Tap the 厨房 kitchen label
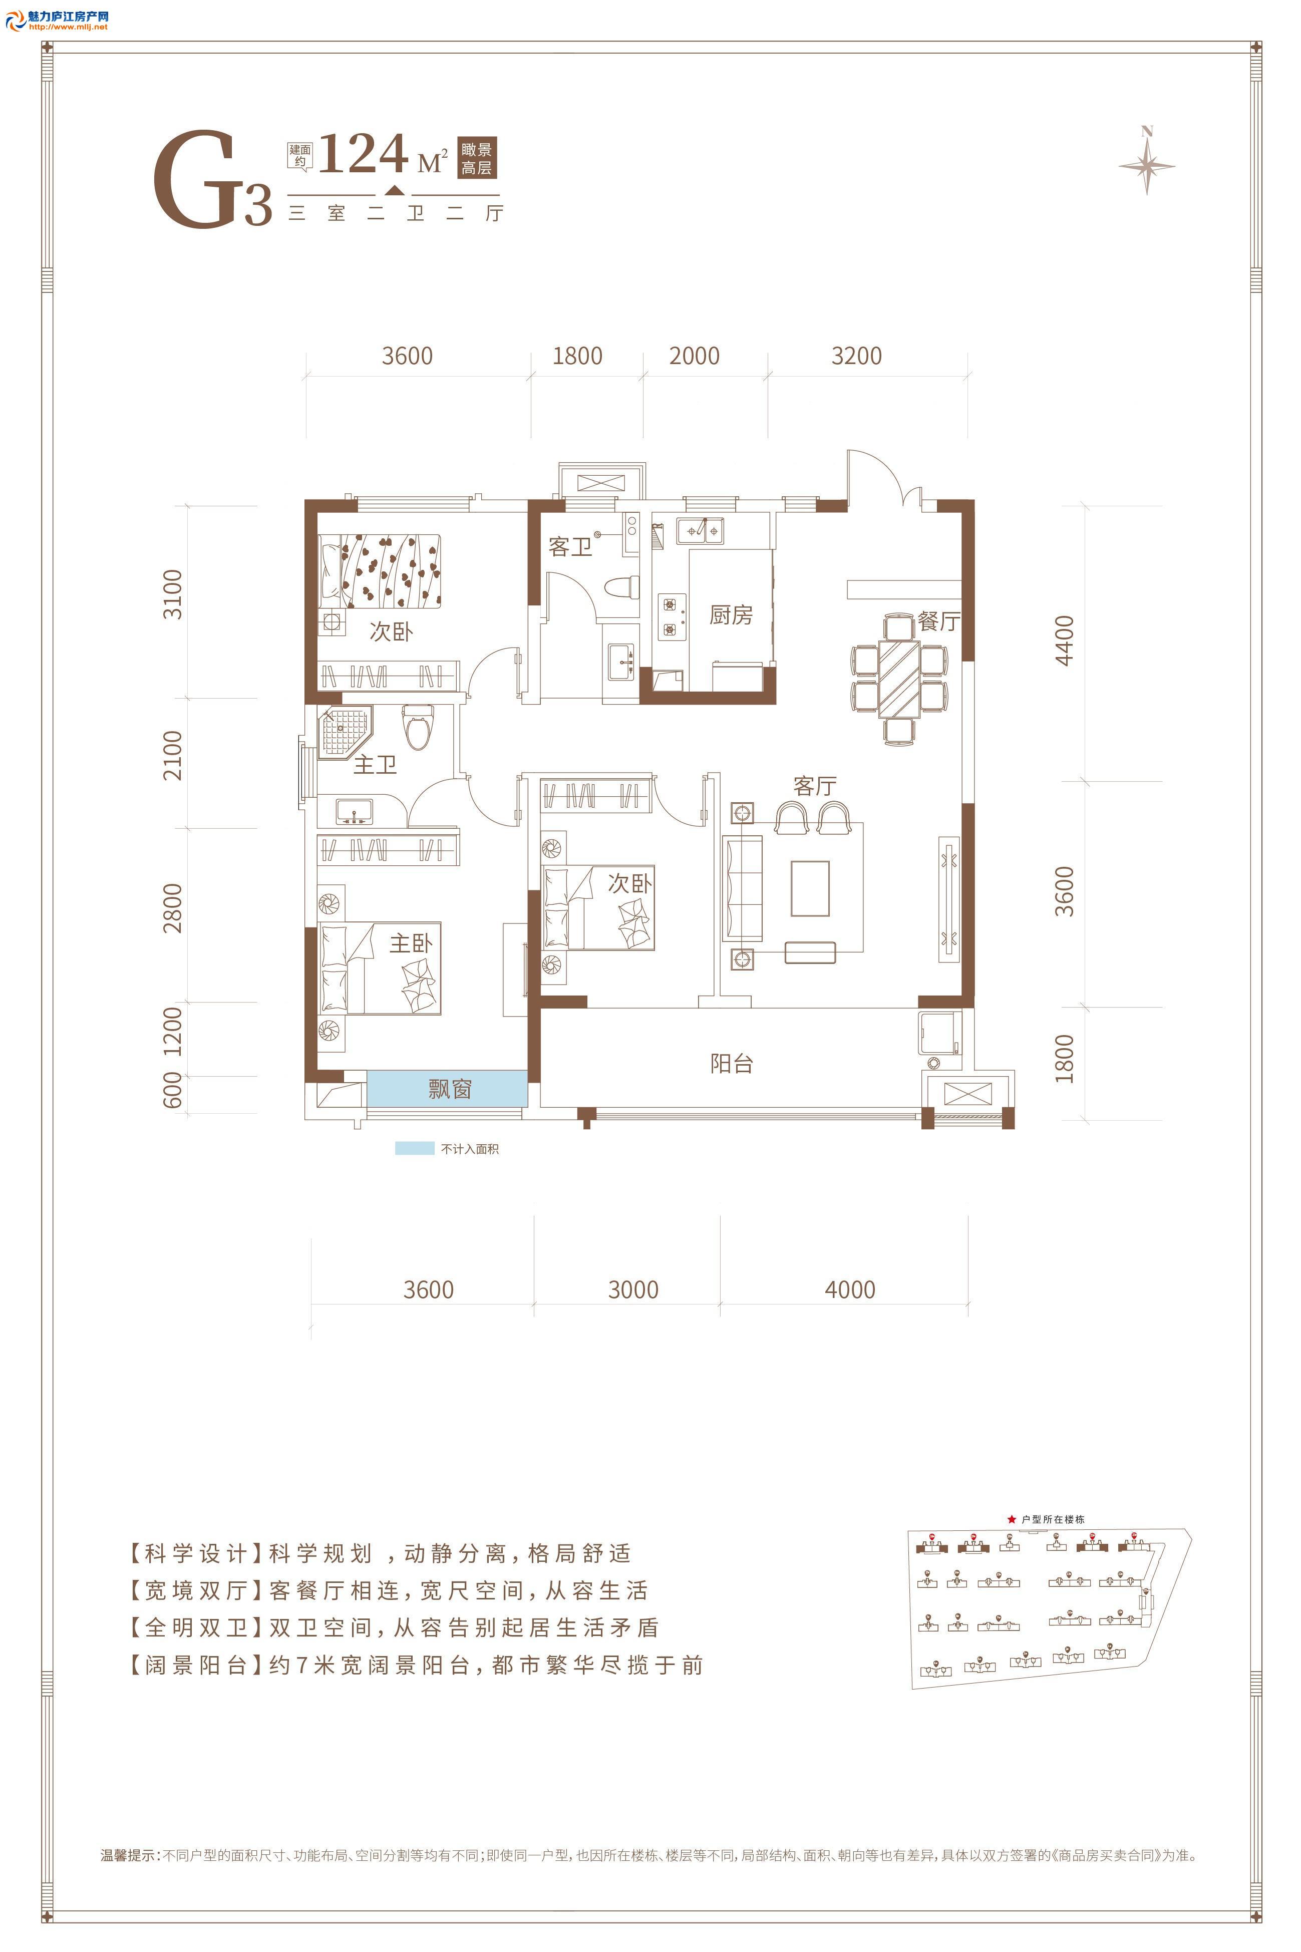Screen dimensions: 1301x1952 click(731, 615)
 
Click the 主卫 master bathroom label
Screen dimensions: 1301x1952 click(375, 764)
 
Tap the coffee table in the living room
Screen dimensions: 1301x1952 click(810, 888)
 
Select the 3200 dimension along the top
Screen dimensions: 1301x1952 click(856, 356)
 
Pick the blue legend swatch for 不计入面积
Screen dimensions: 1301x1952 click(414, 1148)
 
